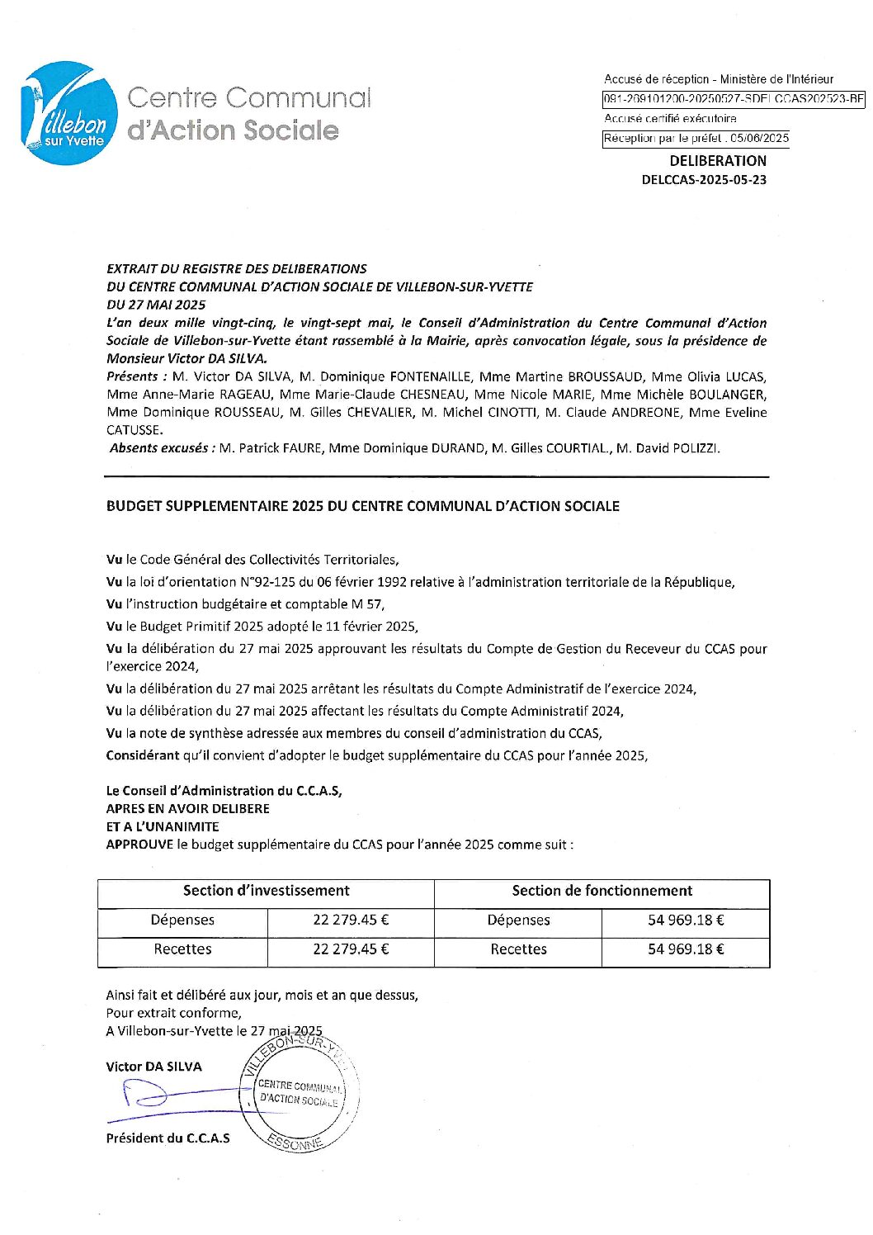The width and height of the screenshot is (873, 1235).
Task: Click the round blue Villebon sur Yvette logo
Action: tap(68, 113)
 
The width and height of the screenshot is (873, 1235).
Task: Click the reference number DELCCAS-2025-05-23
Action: tap(704, 180)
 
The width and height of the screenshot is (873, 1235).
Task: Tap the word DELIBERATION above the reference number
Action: tap(717, 161)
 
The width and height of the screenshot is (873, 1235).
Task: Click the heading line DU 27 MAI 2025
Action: tap(156, 305)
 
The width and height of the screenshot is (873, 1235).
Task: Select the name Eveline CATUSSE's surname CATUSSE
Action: tap(134, 430)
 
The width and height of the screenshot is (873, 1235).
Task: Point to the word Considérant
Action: tap(142, 755)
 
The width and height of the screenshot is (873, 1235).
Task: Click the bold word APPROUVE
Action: tap(139, 845)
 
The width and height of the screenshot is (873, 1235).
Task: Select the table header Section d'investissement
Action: tap(266, 891)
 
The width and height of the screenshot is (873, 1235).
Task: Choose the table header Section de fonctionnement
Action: tap(602, 891)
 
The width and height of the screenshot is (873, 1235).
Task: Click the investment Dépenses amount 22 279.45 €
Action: tap(351, 920)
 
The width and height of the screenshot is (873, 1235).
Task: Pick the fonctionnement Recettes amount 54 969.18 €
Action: tap(686, 949)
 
